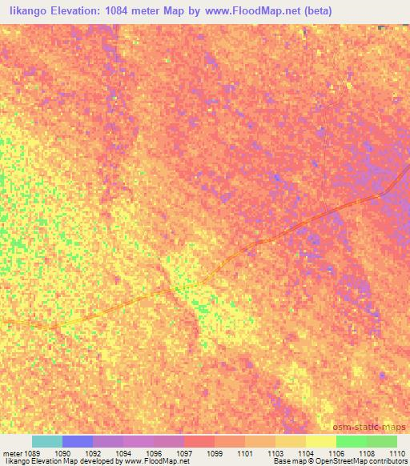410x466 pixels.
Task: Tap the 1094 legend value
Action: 123,453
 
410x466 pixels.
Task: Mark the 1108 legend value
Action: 367,453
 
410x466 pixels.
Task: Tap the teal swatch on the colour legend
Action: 46,441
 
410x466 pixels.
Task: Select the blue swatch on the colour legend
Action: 78,441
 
